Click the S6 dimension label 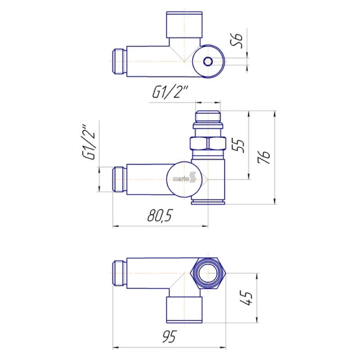coord(237,41)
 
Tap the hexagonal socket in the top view coord(208,61)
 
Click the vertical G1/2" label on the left coord(88,142)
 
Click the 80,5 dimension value coord(159,216)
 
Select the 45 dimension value coord(246,298)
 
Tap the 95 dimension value coord(169,337)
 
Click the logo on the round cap coord(184,179)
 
